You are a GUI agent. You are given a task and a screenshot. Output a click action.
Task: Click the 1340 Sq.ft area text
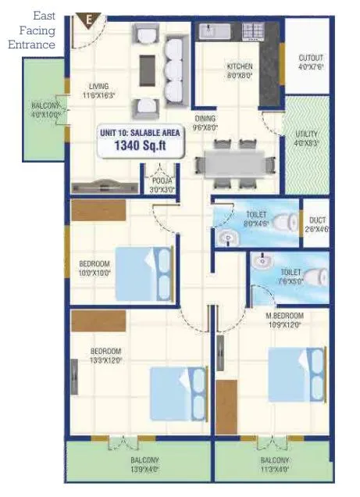[141, 145]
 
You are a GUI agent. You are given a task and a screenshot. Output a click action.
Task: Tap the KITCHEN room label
[238, 66]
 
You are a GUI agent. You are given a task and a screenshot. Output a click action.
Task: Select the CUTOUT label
[311, 59]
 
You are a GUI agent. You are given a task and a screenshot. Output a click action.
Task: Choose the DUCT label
[317, 220]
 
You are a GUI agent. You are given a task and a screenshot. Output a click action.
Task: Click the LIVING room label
[98, 86]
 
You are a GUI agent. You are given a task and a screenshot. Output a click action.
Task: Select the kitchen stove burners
[253, 31]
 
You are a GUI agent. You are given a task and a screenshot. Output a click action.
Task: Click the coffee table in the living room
[146, 70]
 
